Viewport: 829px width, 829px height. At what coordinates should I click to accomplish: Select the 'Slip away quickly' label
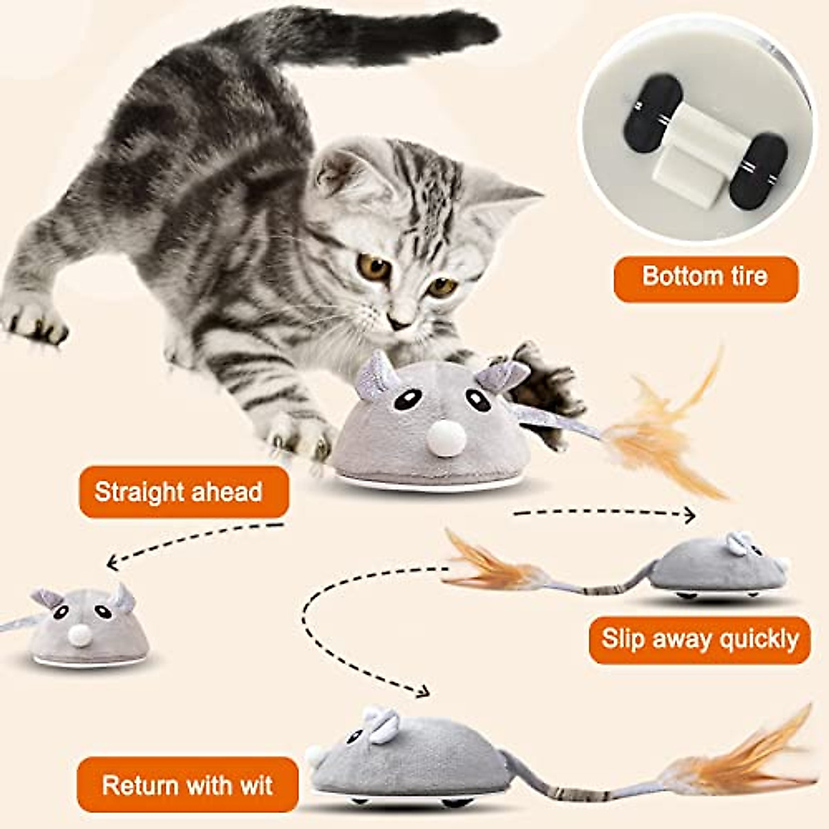coord(699,639)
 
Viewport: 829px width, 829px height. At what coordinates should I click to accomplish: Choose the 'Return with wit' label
coord(187,785)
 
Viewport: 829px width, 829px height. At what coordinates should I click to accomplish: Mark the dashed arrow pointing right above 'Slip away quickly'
coord(604,513)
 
